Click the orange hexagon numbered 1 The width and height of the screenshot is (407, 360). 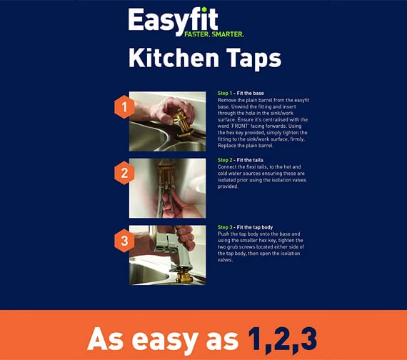[x=124, y=107]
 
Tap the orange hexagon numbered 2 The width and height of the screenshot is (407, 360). [x=124, y=173]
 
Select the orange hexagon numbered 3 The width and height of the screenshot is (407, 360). [x=124, y=241]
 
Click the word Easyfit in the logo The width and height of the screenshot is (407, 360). [x=173, y=21]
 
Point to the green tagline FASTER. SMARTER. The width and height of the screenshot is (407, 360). [x=214, y=34]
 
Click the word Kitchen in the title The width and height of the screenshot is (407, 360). [x=174, y=58]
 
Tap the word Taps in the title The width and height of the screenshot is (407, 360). [x=253, y=59]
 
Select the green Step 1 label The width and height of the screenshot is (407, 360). [x=225, y=94]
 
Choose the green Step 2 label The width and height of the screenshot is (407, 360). [x=225, y=160]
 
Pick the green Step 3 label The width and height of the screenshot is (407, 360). [x=225, y=227]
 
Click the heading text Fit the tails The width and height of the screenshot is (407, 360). [x=250, y=160]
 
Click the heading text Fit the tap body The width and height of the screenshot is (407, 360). [x=255, y=227]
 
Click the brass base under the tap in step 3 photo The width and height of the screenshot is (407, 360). [x=184, y=276]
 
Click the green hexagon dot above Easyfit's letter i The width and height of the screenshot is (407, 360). [x=204, y=9]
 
